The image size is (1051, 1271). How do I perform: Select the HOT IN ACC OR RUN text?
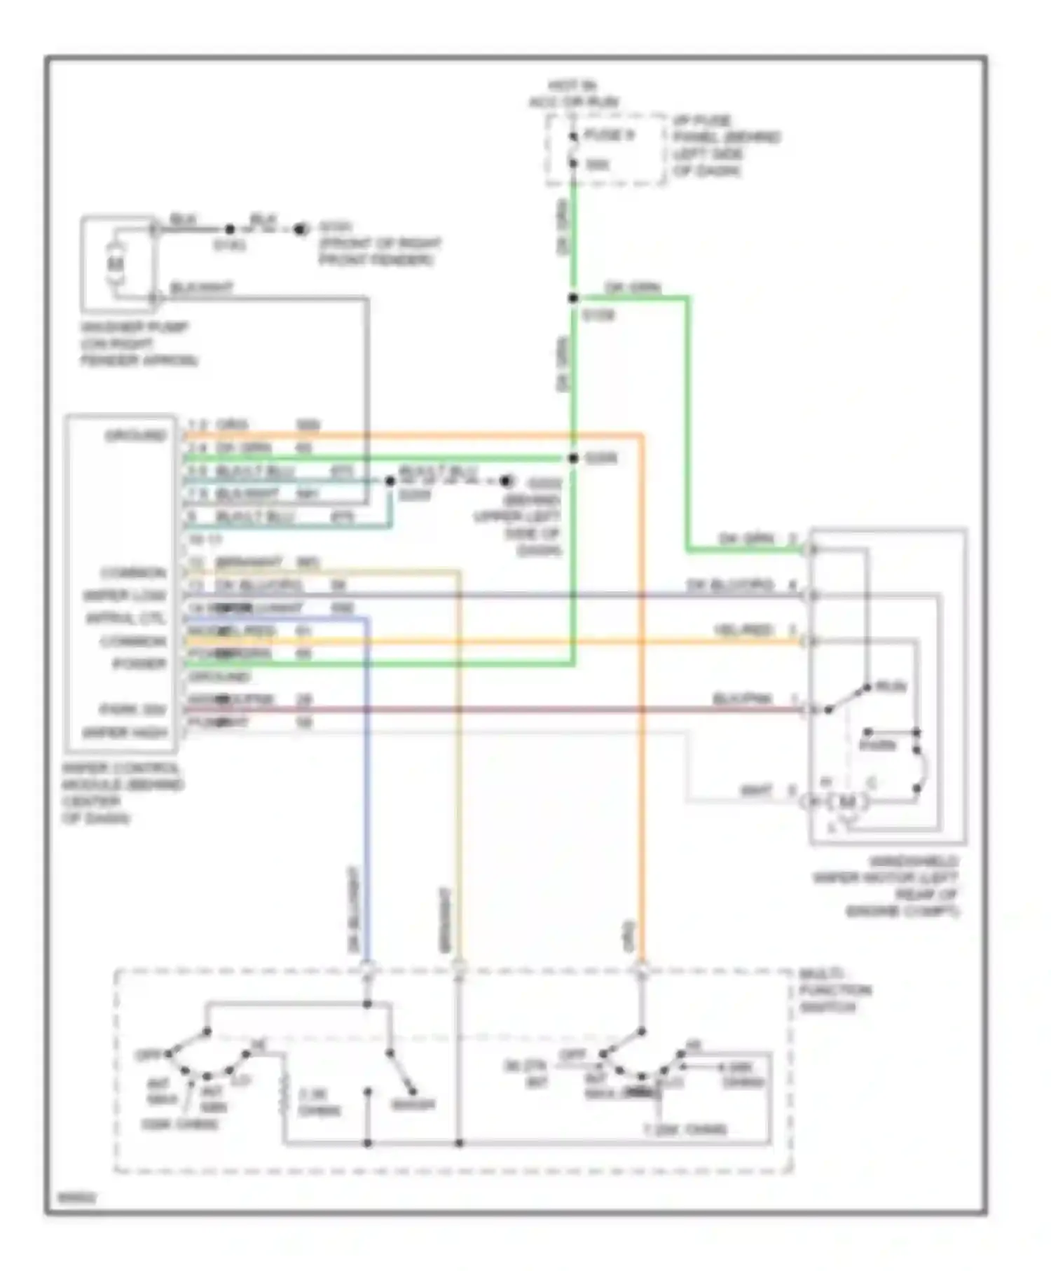click(x=573, y=94)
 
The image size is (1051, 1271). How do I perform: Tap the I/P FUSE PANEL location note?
click(x=726, y=146)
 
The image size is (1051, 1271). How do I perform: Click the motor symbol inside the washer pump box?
click(x=116, y=264)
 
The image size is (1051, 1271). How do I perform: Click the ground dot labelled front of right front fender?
click(x=301, y=229)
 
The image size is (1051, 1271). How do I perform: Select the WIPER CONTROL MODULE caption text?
click(x=122, y=792)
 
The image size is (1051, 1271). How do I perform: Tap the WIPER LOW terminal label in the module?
click(x=125, y=596)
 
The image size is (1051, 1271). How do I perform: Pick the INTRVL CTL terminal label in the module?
click(x=126, y=619)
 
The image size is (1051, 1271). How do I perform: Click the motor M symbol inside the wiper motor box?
click(x=847, y=801)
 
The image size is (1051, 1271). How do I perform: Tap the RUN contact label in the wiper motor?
click(x=891, y=687)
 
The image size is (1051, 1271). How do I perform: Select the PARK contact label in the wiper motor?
click(x=877, y=745)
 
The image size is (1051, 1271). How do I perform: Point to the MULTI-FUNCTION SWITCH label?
click(x=834, y=990)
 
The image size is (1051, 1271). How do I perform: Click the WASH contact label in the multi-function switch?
click(x=413, y=1105)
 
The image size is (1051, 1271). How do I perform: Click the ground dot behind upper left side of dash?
click(x=506, y=481)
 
